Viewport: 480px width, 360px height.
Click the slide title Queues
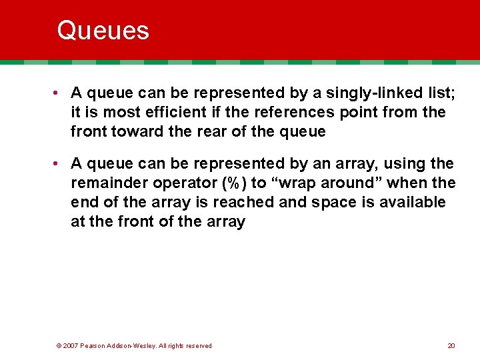pos(103,31)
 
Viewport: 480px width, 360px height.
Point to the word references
pos(312,113)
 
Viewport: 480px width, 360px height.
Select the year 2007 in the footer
pos(71,346)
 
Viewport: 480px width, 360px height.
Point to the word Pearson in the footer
pos(93,346)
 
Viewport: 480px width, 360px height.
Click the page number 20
pos(451,346)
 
